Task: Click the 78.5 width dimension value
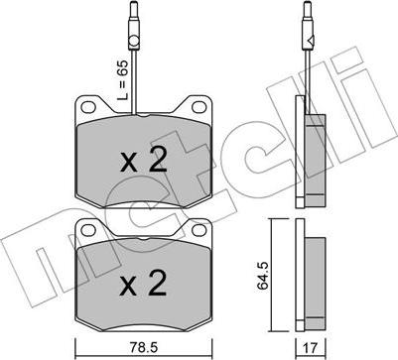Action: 145,347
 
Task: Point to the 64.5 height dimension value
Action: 263,275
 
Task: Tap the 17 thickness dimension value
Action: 310,347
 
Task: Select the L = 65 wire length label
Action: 123,80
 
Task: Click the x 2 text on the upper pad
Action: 143,160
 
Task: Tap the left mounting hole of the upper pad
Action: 87,107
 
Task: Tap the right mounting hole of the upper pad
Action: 199,107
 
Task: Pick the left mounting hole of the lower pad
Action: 87,230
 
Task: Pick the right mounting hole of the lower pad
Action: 199,230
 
